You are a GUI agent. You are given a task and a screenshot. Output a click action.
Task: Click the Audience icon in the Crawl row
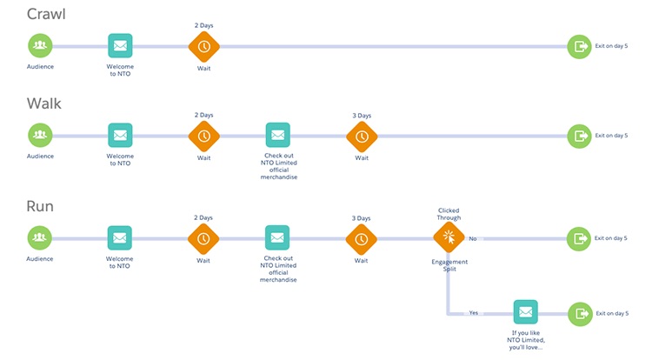tap(39, 45)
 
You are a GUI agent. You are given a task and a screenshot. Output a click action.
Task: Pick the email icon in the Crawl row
tap(120, 45)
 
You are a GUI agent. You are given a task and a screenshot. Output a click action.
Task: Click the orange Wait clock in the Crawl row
tap(203, 45)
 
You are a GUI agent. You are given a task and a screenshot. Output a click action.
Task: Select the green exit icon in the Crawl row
tap(579, 45)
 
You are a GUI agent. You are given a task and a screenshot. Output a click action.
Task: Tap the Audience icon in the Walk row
tap(39, 135)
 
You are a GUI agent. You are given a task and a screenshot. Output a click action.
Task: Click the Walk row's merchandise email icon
tap(277, 135)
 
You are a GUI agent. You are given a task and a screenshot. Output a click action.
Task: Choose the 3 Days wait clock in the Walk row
tap(362, 135)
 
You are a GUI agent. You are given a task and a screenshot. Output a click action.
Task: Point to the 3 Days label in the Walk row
tap(362, 115)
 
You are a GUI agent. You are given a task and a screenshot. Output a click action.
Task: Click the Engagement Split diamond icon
tap(449, 237)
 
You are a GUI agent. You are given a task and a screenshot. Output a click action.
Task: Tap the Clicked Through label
tap(449, 213)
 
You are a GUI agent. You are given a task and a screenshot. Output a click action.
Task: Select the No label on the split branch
tap(473, 237)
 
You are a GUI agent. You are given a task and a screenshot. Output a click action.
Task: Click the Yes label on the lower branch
tap(473, 312)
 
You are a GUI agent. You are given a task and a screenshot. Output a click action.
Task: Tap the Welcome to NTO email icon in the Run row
tap(120, 237)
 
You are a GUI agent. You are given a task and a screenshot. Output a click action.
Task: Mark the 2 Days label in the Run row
tap(203, 217)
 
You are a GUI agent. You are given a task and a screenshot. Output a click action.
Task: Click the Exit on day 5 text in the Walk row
tap(610, 136)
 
